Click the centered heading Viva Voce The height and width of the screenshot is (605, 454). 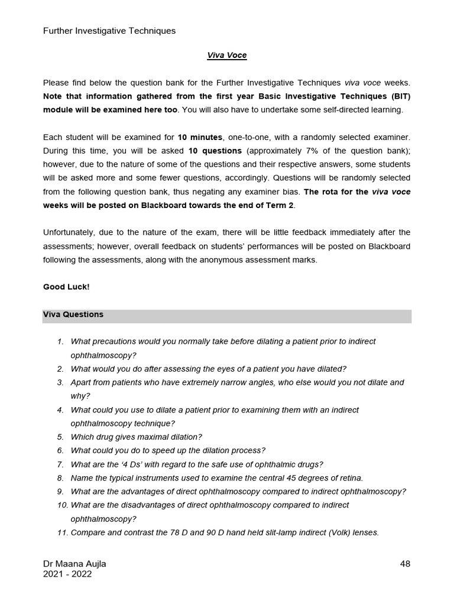pyautogui.click(x=226, y=56)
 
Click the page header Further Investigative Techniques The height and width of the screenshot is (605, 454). pyautogui.click(x=109, y=31)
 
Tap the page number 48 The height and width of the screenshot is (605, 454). pyautogui.click(x=405, y=564)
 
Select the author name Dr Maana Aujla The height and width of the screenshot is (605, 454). pyautogui.click(x=74, y=564)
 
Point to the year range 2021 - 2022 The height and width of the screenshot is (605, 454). pyautogui.click(x=67, y=574)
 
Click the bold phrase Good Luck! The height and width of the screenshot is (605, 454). pyautogui.click(x=66, y=287)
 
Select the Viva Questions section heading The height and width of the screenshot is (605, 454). pyautogui.click(x=73, y=315)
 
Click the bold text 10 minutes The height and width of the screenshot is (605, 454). pyautogui.click(x=200, y=137)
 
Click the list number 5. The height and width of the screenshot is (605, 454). pyautogui.click(x=60, y=437)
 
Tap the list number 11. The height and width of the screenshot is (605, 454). pyautogui.click(x=62, y=532)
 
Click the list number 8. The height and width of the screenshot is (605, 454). pyautogui.click(x=60, y=478)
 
